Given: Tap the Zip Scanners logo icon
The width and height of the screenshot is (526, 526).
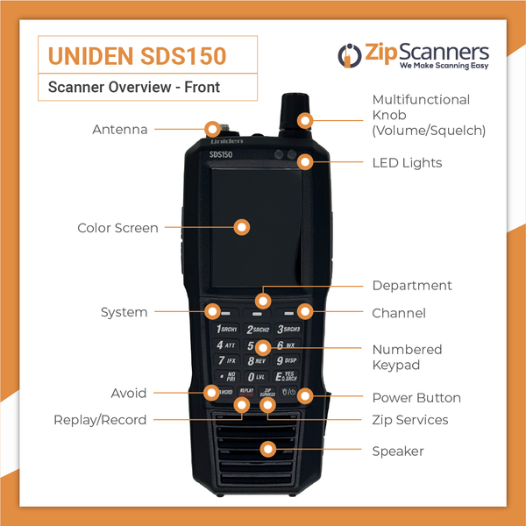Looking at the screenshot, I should pos(349,55).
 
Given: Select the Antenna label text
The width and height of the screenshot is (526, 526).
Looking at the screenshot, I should pos(119,130).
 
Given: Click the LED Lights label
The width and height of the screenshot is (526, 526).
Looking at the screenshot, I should pos(407,163).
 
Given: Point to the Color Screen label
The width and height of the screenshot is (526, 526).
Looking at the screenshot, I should pos(117,228).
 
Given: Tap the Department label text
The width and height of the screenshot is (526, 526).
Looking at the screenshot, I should pos(411,286).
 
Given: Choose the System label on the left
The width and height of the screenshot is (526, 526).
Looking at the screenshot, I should pos(124,312).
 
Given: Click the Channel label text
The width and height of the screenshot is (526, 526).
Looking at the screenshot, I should pos(399,313).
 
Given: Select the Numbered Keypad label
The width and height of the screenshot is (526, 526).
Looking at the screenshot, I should pos(407,357).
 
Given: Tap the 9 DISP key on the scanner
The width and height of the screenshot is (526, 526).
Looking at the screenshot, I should pos(288,360).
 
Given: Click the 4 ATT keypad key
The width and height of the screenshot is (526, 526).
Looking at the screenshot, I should pos(225,345).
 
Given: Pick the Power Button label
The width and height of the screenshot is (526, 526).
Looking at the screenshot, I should pos(416,398).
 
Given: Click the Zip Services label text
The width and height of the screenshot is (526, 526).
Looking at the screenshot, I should pos(409,420).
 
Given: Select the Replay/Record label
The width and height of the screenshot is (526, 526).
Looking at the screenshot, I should pos(100,420).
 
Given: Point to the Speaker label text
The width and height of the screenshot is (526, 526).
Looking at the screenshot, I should pos(397,451).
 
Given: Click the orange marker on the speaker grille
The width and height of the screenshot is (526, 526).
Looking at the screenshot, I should pos(267,450).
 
